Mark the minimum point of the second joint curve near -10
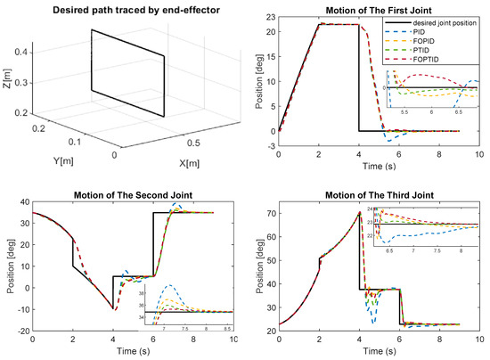click(113, 309)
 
